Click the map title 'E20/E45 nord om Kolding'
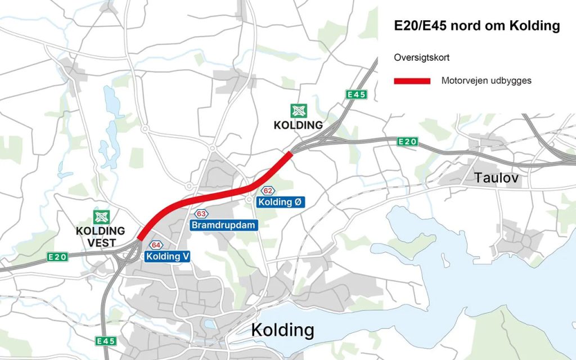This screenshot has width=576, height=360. click(x=477, y=26)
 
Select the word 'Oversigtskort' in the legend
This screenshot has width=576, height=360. click(x=421, y=57)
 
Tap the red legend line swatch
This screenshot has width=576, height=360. click(x=412, y=81)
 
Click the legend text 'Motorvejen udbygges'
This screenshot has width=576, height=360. click(x=487, y=81)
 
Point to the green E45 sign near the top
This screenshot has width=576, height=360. click(x=357, y=95)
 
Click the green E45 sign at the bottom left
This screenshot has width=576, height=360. click(x=106, y=341)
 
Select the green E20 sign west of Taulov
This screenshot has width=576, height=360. click(x=407, y=142)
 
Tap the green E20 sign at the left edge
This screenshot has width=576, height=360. click(x=57, y=257)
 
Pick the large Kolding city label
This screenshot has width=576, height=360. click(x=282, y=330)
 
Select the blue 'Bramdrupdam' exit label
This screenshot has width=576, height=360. click(x=224, y=226)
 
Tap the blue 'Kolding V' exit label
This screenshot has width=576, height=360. click(x=168, y=256)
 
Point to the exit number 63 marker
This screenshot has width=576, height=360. click(x=201, y=214)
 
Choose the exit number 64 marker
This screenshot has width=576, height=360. click(x=156, y=245)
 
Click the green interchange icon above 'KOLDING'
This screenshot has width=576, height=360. click(x=298, y=111)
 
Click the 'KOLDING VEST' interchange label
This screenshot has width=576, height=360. click(x=101, y=237)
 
